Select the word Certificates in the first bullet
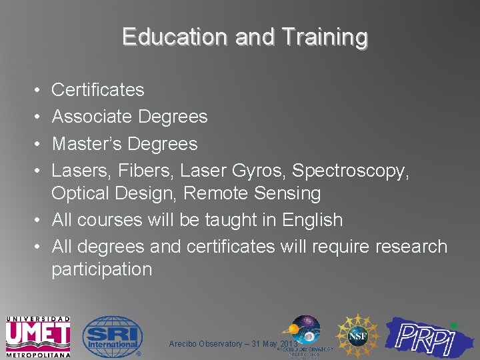[x=98, y=89]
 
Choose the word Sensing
[x=290, y=193]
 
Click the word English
[x=313, y=220]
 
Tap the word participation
[x=102, y=269]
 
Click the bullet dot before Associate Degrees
[x=35, y=117]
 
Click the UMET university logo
[x=37, y=335]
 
